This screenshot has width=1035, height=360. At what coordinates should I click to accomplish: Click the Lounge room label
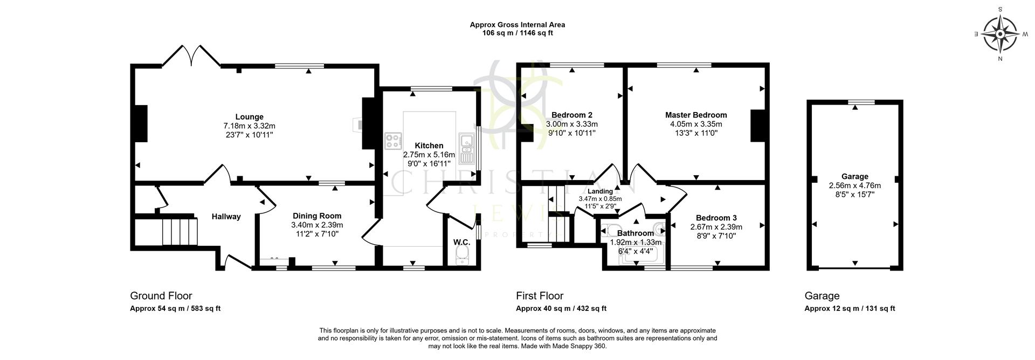click(x=249, y=117)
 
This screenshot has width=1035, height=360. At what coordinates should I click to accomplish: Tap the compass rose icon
click(x=1000, y=34)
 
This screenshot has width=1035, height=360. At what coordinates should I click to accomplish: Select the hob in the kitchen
click(x=393, y=141)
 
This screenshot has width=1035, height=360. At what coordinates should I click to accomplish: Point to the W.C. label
click(x=461, y=243)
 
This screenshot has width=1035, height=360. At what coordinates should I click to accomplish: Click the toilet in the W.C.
click(x=463, y=258)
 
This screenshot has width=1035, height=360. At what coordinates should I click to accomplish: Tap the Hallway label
click(x=226, y=217)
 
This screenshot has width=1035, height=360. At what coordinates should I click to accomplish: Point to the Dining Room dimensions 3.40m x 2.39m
click(x=317, y=225)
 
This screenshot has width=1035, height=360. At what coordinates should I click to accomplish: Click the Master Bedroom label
click(x=695, y=115)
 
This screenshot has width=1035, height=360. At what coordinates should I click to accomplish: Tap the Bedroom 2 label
click(x=571, y=115)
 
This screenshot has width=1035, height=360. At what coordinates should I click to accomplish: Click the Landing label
click(x=600, y=191)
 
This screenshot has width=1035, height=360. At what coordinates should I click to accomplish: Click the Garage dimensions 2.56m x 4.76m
click(x=855, y=185)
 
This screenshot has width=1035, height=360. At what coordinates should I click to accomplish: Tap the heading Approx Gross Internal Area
click(x=517, y=24)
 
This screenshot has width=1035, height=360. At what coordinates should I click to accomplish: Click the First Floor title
click(x=540, y=296)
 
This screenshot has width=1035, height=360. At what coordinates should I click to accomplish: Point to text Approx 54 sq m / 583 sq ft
click(x=175, y=309)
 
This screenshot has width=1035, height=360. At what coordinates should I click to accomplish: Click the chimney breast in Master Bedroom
click(x=757, y=126)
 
